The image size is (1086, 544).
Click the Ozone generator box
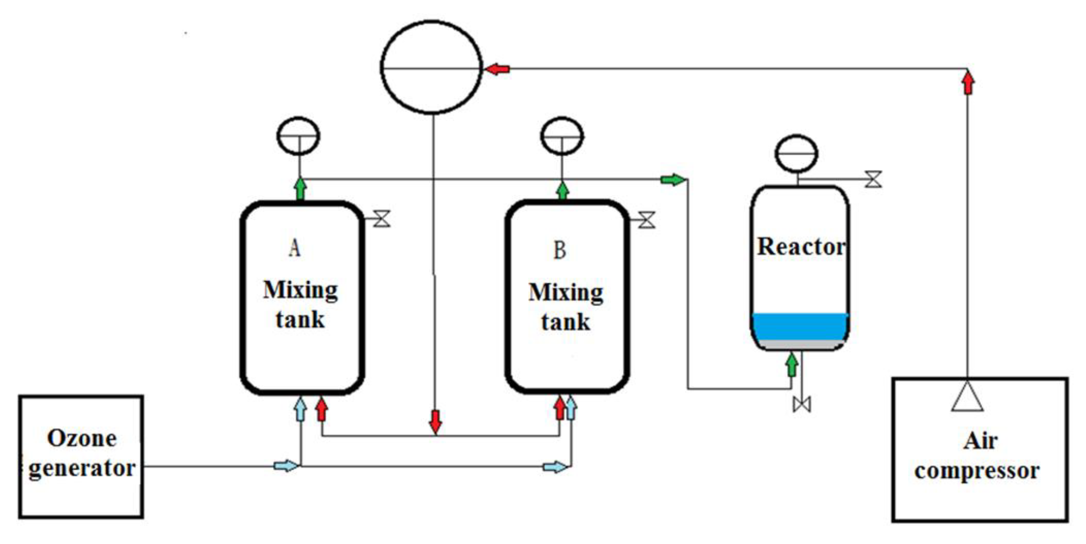coord(81,456)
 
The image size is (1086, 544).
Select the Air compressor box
coord(979,450)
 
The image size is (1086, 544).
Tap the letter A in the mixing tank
coord(295,248)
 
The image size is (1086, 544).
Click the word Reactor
coord(801,247)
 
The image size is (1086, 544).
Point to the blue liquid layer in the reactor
coord(800,327)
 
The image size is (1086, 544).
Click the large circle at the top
coord(431,67)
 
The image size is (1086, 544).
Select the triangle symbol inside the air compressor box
coord(967,398)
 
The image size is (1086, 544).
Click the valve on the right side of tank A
coord(382,219)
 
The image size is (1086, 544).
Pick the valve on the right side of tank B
coord(647,220)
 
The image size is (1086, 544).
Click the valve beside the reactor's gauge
coord(873,179)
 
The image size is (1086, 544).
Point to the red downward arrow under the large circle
coord(435,422)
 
